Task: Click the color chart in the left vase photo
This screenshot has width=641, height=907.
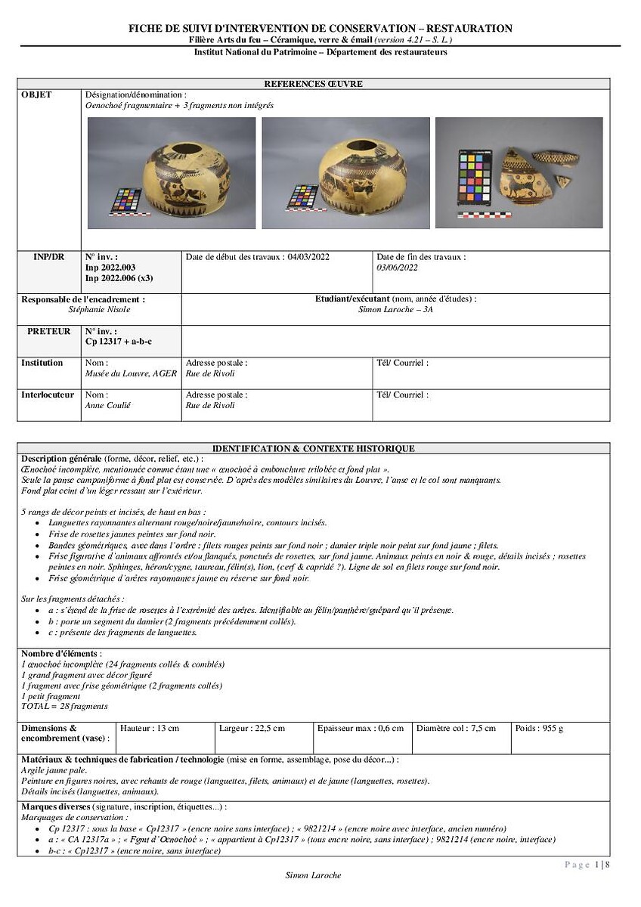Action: click(x=125, y=200)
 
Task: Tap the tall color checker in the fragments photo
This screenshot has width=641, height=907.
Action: click(x=474, y=179)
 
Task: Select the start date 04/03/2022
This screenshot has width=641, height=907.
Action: click(x=308, y=257)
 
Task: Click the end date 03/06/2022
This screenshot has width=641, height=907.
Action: click(x=397, y=268)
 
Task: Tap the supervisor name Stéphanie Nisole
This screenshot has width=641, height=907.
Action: click(x=99, y=309)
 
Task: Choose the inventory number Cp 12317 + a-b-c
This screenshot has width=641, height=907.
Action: click(x=119, y=342)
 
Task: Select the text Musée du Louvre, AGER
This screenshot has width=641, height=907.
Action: click(x=131, y=373)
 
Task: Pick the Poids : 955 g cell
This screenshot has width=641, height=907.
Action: click(x=539, y=729)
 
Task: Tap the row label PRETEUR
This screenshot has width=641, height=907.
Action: click(x=49, y=331)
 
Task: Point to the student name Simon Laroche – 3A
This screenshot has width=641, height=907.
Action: click(x=395, y=309)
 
